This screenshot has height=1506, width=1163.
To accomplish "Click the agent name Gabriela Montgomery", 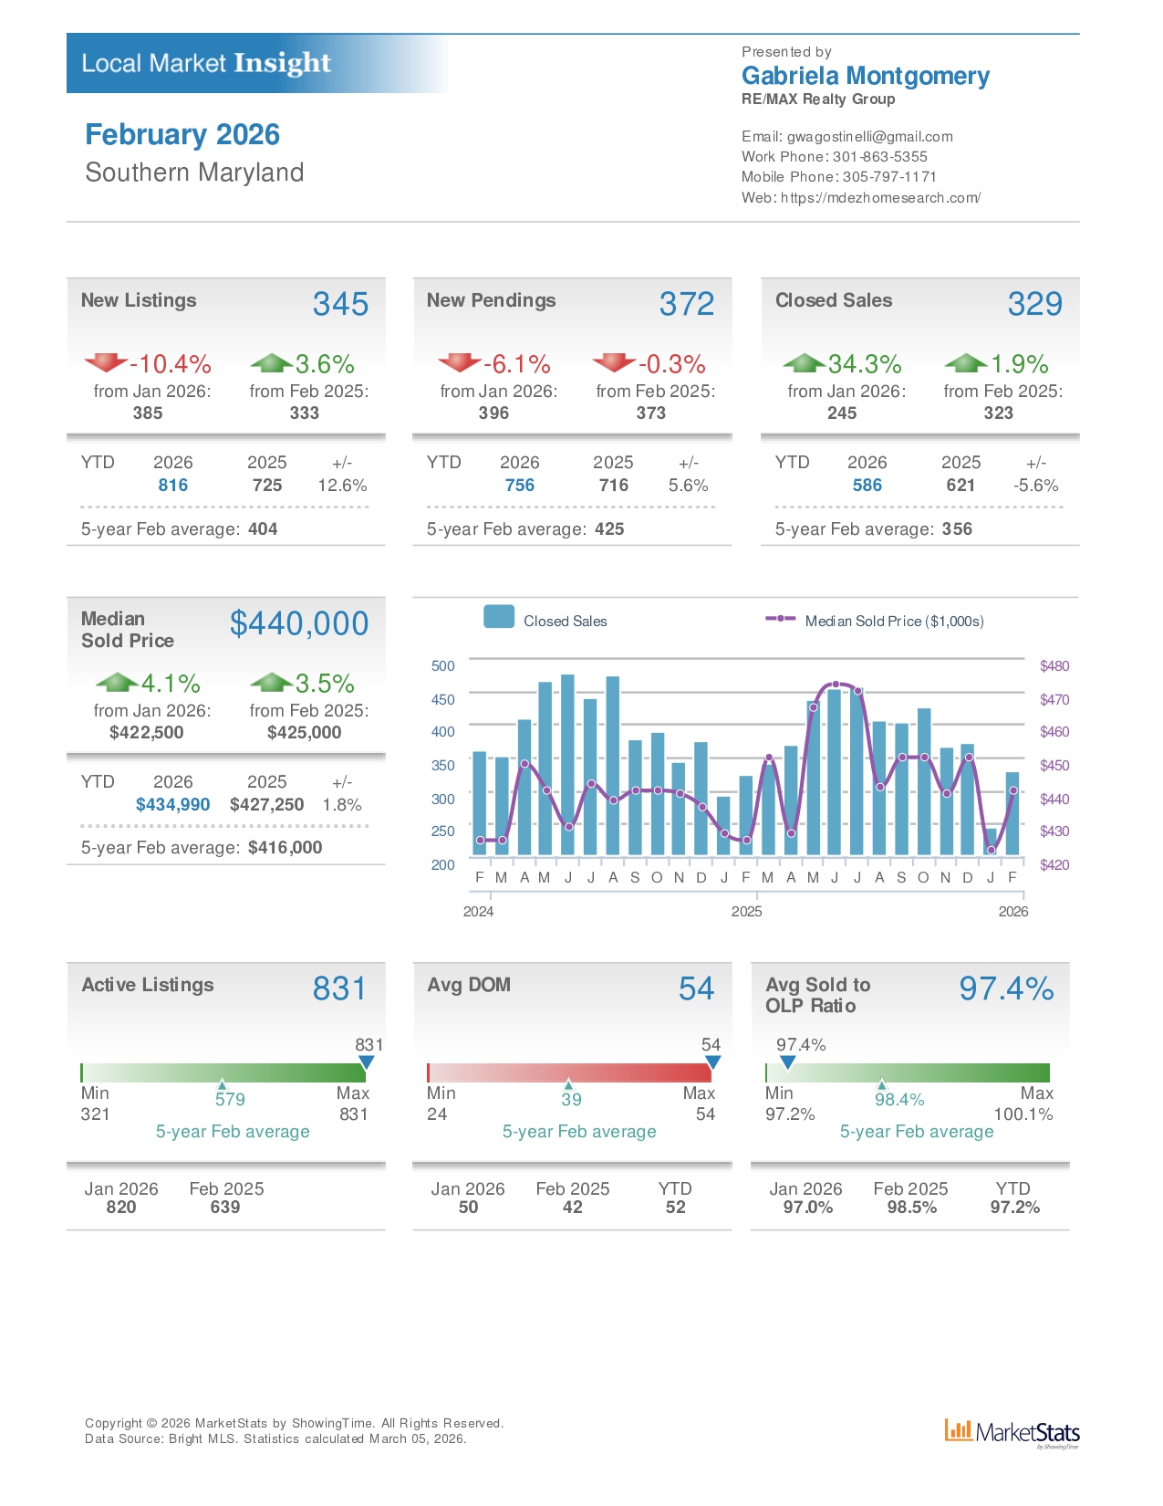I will (x=865, y=76).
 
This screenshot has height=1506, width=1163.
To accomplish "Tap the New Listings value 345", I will (x=340, y=304).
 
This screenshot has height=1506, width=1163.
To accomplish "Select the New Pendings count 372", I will (x=686, y=304).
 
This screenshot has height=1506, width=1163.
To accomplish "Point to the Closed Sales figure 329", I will (x=1034, y=304).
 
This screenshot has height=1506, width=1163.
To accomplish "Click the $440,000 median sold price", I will (x=299, y=623).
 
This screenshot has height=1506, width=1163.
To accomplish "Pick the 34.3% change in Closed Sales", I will (x=864, y=364).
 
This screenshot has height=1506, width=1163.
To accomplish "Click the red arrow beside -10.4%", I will (x=106, y=362).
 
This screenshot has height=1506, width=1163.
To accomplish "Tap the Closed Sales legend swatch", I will (x=499, y=617).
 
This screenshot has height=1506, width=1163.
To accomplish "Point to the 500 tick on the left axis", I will (x=443, y=666).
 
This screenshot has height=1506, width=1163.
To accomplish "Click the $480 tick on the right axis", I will (x=1054, y=666).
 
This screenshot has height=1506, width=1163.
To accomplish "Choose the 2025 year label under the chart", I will (x=746, y=912).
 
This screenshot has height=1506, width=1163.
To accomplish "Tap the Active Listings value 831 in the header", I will (x=339, y=988).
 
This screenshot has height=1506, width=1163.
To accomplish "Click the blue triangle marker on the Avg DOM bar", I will (x=713, y=1062).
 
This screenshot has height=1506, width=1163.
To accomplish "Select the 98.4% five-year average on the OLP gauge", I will (x=899, y=1100).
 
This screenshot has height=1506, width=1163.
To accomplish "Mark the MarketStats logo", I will (x=1012, y=1432).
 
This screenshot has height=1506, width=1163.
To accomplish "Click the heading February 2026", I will (x=182, y=134).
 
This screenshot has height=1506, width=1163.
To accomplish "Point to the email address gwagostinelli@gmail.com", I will (x=869, y=137).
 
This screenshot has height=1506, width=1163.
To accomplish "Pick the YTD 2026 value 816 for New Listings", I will (x=173, y=486).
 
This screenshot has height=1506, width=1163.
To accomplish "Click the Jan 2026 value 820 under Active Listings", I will (x=121, y=1208).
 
